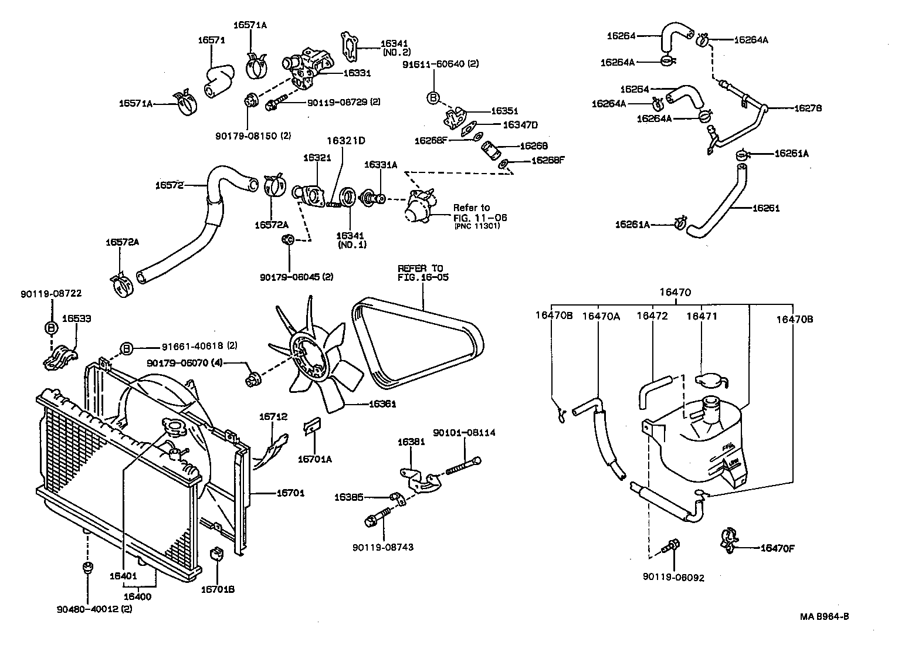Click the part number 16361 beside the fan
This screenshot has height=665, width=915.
tap(382, 404)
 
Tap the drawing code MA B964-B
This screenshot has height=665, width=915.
tap(824, 616)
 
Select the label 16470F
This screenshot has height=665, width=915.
tap(777, 548)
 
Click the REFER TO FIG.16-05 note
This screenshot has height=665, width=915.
tap(423, 273)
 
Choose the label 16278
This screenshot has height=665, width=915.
tap(808, 108)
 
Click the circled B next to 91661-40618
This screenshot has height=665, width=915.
tap(127, 348)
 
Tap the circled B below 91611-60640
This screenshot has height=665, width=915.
tap(433, 98)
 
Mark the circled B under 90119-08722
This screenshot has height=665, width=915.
tap(51, 327)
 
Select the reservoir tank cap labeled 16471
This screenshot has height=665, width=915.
tap(711, 379)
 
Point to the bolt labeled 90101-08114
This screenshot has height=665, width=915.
tap(463, 466)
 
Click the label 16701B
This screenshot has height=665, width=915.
tap(218, 589)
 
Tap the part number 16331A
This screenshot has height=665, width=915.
tap(380, 165)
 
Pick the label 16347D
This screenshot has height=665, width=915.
tap(520, 125)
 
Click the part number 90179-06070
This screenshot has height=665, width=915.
tap(178, 363)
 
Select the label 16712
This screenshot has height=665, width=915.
tap(273, 416)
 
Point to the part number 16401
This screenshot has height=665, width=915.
tap(123, 576)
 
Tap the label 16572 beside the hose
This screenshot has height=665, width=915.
tap(169, 185)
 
